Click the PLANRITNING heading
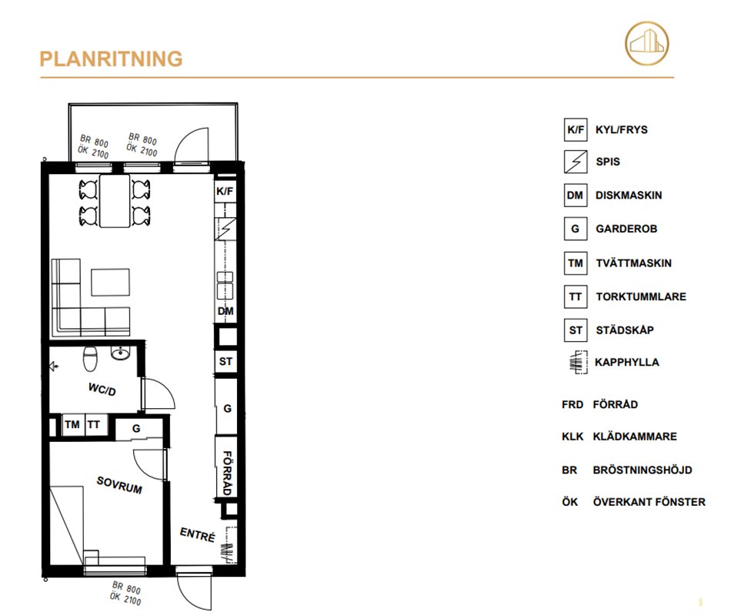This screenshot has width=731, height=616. [x=111, y=59]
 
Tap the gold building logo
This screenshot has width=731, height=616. [x=646, y=43]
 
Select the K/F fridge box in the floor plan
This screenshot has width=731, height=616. [x=225, y=191]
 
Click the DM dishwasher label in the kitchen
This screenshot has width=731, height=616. [x=225, y=311]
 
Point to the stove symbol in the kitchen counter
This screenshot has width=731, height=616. [x=225, y=229]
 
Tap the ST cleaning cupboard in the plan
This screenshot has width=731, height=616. [x=225, y=361]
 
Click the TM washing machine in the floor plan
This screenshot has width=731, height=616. [x=73, y=425]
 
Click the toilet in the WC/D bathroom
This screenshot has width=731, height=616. [x=90, y=358]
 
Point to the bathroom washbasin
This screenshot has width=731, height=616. [x=120, y=353]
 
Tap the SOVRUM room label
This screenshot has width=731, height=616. [x=119, y=485]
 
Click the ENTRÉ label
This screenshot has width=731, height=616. [x=198, y=534]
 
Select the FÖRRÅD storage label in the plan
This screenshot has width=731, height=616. [x=227, y=473]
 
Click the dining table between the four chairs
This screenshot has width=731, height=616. [x=115, y=201]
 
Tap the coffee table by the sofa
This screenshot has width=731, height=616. [x=111, y=283]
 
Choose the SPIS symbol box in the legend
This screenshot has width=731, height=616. [x=576, y=162]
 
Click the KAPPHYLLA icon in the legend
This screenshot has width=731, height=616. [x=578, y=362]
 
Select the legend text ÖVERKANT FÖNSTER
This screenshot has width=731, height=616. [x=649, y=502]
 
